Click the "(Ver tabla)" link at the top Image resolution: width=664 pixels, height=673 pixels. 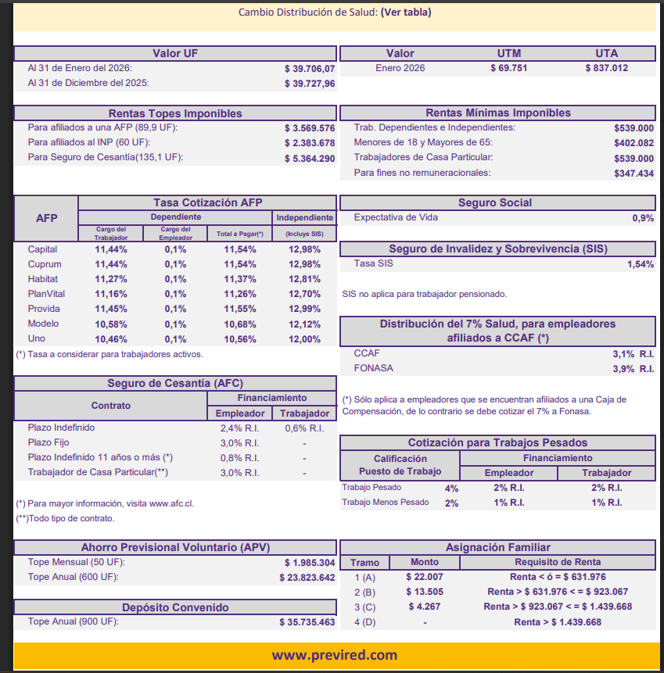405,12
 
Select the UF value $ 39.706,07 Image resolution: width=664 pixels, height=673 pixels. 310,68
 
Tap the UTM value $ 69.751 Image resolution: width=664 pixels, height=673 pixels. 508,68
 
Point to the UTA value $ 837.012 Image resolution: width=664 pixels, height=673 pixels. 606,68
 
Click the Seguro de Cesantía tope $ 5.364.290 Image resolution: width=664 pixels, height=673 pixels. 310,158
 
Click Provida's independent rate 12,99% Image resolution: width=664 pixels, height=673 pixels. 304,309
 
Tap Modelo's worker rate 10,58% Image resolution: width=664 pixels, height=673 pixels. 110,324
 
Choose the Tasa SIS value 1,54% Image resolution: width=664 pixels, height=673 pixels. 640,264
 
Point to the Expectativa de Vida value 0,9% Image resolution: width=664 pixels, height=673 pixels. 643,218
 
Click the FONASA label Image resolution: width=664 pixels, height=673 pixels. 373,368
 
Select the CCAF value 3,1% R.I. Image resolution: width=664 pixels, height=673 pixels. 633,353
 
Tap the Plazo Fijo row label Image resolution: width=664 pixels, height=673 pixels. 49,442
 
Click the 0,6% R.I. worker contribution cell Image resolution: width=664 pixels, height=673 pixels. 304,428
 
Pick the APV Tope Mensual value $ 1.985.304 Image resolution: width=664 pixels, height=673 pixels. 310,563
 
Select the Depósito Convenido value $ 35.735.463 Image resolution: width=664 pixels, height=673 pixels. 307,622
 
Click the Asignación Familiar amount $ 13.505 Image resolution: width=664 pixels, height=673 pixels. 424,592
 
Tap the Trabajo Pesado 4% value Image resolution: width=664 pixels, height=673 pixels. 451,488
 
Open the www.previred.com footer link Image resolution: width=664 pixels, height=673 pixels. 334,655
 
